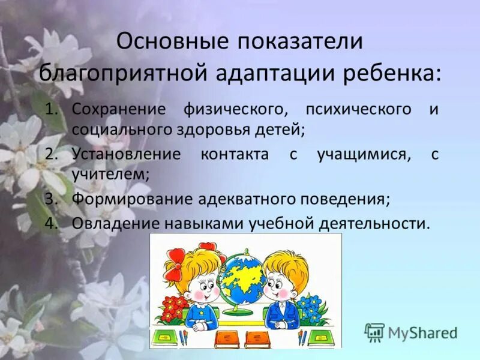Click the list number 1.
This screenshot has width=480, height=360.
53,110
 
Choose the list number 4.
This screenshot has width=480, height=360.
52,223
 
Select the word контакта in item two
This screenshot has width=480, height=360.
235,154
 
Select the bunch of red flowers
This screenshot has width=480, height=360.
173,308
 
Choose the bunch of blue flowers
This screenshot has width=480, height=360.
310,307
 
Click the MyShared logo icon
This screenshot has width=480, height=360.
374,332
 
